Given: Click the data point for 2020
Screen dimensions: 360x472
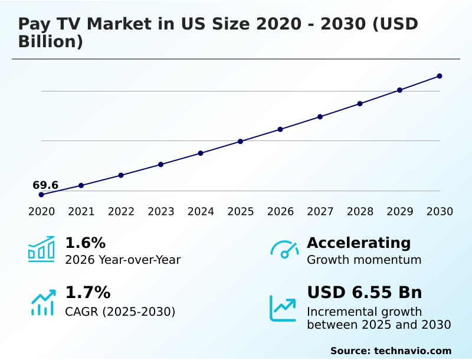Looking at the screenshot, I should click(x=41, y=194).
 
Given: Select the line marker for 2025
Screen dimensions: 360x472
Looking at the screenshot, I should click(x=241, y=141).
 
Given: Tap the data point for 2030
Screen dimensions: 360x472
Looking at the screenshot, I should click(x=440, y=76).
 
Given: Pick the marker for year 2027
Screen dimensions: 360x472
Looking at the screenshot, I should click(x=320, y=117).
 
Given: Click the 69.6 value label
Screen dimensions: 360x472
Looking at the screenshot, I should click(x=45, y=185).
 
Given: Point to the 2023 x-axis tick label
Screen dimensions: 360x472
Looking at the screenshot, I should click(x=161, y=211).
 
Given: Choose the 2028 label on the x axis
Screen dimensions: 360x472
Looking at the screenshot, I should click(x=360, y=211).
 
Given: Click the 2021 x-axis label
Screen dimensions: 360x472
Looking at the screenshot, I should click(x=81, y=211).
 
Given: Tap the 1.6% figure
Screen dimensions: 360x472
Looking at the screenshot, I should click(x=85, y=243).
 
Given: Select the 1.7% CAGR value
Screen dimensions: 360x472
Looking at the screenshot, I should click(x=87, y=292).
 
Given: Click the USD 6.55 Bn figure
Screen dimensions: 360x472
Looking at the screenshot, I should click(x=365, y=292).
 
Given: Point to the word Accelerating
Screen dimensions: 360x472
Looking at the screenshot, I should click(x=359, y=243).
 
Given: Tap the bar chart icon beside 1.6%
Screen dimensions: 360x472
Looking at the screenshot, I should click(x=41, y=249).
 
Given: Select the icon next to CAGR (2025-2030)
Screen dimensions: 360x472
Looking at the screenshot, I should click(x=43, y=302).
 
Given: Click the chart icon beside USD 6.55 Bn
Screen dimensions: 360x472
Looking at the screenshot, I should click(x=283, y=308).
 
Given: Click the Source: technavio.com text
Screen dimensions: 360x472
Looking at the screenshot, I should click(x=391, y=351).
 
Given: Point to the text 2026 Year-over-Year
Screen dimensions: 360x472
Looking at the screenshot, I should click(x=123, y=260).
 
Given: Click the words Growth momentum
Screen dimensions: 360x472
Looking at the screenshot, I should click(x=364, y=260).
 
